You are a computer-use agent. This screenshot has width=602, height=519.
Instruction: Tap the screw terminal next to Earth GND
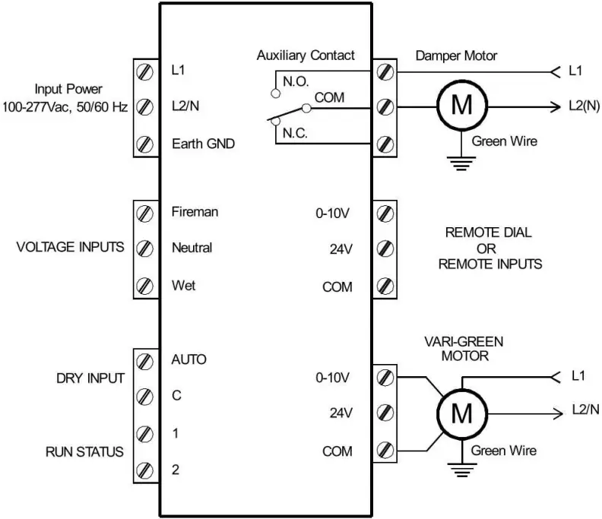pyautogui.click(x=142, y=144)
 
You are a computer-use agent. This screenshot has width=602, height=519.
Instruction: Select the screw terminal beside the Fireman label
pyautogui.click(x=142, y=213)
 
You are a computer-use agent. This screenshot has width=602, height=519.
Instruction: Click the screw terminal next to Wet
pyautogui.click(x=142, y=286)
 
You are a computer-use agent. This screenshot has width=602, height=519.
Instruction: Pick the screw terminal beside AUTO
pyautogui.click(x=142, y=359)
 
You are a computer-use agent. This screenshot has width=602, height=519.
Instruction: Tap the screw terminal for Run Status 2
pyautogui.click(x=142, y=470)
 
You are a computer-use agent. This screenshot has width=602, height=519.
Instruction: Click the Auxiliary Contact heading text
pyautogui.click(x=306, y=55)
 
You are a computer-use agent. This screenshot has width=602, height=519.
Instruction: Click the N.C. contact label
pyautogui.click(x=296, y=131)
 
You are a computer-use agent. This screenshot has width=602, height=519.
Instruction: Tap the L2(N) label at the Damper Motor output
pyautogui.click(x=584, y=106)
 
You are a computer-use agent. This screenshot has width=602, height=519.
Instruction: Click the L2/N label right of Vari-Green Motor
pyautogui.click(x=585, y=410)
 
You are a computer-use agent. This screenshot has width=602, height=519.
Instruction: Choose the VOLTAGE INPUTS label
pyautogui.click(x=70, y=248)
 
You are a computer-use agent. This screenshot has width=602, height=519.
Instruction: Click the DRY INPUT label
pyautogui.click(x=90, y=378)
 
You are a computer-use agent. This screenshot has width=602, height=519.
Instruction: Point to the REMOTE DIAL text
pyautogui.click(x=488, y=233)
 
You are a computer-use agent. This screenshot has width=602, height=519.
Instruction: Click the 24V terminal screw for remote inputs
pyautogui.click(x=385, y=249)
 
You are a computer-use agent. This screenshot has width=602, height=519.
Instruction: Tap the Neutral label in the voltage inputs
pyautogui.click(x=192, y=248)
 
